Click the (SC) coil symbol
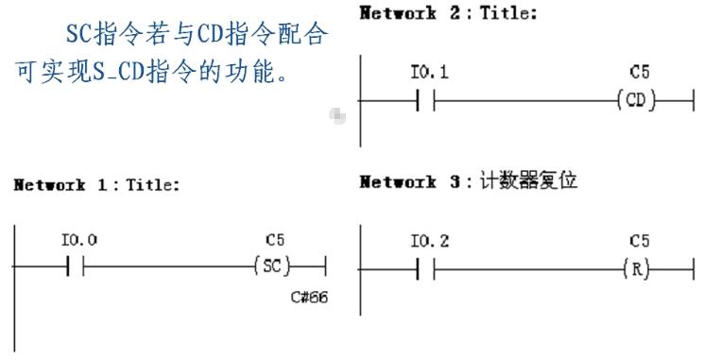tap(275, 266)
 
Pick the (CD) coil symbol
tap(635, 99)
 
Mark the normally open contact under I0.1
tap(424, 99)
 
